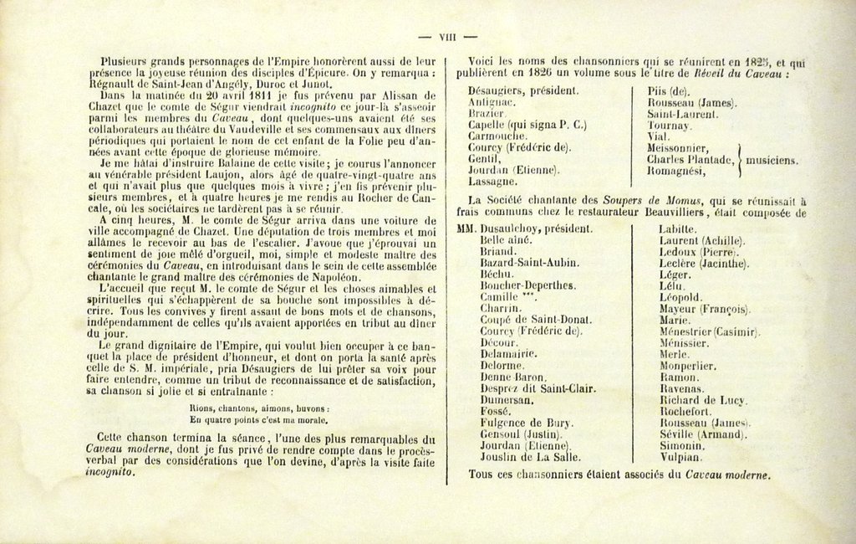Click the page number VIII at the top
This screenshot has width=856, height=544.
coord(446,36)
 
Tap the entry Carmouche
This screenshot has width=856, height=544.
coord(497,136)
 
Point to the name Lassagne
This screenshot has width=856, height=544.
coord(492,182)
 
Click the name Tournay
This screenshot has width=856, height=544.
coord(670,125)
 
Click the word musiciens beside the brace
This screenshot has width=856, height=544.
coord(772,160)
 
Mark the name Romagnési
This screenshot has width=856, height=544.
coord(679,171)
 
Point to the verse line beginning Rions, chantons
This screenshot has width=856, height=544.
coord(260,408)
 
